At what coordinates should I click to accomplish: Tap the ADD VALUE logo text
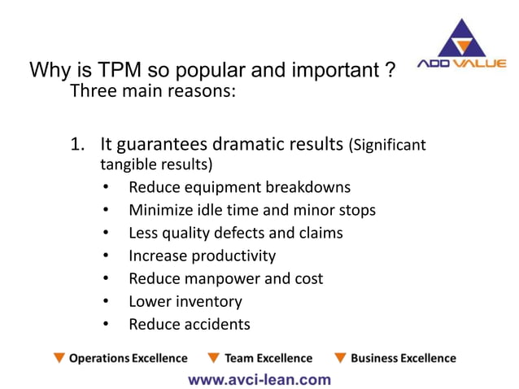coord(461,64)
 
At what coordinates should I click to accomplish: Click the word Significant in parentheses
coord(387,146)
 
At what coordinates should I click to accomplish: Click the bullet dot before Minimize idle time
coord(106,211)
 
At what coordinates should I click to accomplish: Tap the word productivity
coord(233,256)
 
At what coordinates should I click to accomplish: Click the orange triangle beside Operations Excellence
coord(59,358)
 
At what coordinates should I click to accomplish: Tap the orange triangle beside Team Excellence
coord(214,358)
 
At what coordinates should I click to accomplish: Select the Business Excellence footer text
coord(403,358)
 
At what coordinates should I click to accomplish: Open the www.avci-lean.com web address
coord(259,378)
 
